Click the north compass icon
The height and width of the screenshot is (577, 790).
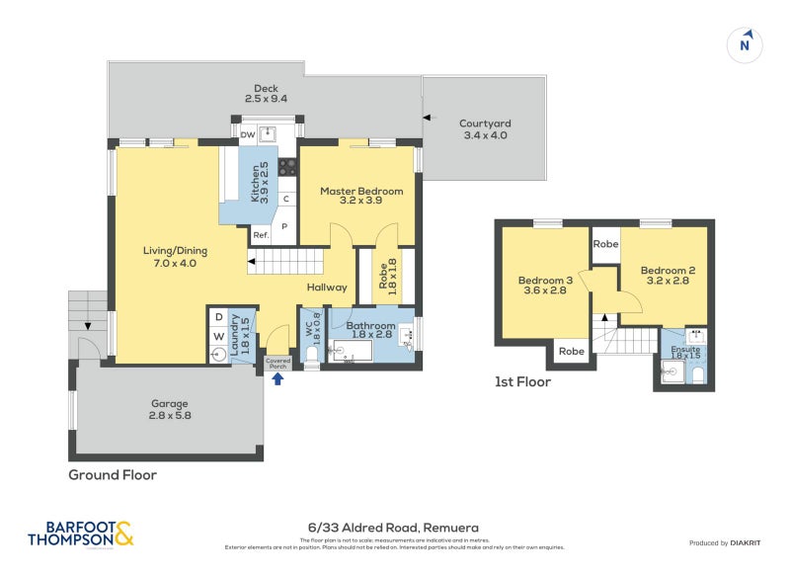point(746,44)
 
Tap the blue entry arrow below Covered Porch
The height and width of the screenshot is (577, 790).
point(277,377)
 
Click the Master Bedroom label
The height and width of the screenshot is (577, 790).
point(360,196)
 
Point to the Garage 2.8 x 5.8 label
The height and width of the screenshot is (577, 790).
point(169,409)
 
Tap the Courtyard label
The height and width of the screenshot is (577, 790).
point(484,129)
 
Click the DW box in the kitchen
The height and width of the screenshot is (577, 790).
point(247,135)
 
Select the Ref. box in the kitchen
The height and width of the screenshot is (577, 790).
point(261,235)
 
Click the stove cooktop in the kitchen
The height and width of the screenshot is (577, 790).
point(288,167)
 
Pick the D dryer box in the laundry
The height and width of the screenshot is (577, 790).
point(218,318)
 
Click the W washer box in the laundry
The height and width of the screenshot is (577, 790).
point(218,337)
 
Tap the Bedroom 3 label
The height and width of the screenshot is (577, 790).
point(545,286)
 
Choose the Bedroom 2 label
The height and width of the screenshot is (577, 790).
point(662,276)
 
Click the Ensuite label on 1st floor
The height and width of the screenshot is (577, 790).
point(685,351)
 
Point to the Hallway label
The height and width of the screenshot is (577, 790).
point(327,288)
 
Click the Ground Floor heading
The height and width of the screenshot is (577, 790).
point(112,475)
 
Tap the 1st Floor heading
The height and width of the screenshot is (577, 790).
point(522,381)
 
